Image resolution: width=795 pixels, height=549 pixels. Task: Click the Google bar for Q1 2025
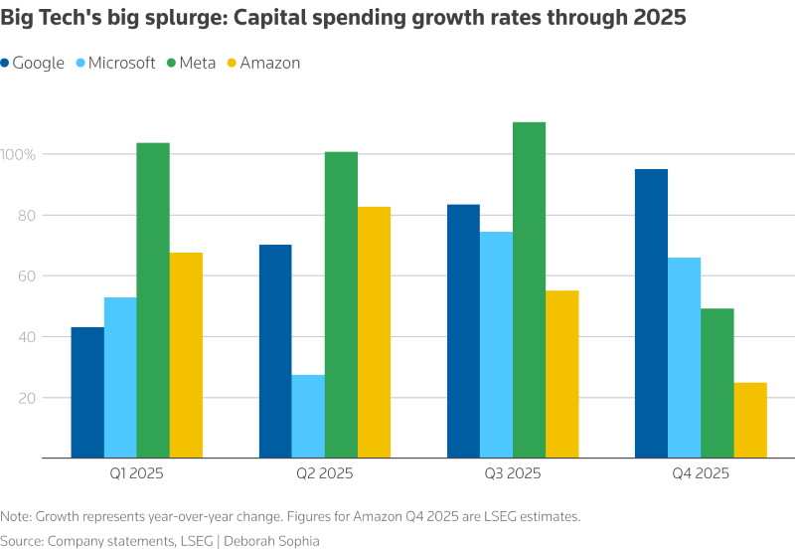tap(87, 392)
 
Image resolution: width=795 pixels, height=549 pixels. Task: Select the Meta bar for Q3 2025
tap(529, 289)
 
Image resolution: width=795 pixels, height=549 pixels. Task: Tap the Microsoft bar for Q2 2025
tap(308, 416)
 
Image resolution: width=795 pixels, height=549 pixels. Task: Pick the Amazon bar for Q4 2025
tap(750, 420)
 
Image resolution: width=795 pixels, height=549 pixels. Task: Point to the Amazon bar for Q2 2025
tap(374, 332)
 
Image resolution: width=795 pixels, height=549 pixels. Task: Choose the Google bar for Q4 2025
tap(651, 313)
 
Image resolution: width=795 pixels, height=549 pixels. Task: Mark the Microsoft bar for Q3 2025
tap(496, 344)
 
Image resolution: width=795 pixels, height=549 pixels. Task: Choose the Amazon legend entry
tap(262, 63)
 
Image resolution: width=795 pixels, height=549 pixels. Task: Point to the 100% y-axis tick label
tap(18, 155)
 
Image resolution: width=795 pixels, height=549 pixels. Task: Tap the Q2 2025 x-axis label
tap(326, 473)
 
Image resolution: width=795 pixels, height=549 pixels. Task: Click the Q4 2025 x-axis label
tap(701, 473)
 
